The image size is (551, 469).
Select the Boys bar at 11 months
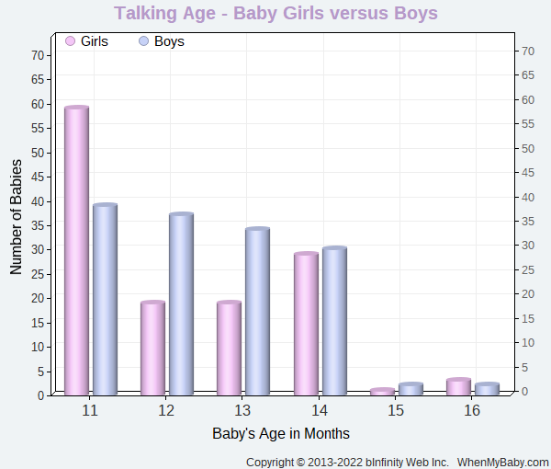[105, 299]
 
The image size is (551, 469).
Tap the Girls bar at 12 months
[152, 348]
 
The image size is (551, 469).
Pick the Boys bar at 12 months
[181, 303]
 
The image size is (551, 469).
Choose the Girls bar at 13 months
[229, 348]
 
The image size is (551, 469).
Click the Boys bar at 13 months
[257, 311]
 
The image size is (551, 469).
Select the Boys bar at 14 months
[334, 321]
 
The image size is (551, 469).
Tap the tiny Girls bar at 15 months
[382, 392]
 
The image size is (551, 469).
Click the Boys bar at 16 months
[487, 389]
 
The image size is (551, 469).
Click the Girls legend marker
[71, 41]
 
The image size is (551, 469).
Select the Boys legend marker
[144, 41]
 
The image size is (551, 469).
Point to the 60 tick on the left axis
[38, 104]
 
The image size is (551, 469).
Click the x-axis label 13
[242, 410]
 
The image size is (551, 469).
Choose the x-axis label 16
[472, 410]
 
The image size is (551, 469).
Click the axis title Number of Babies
[17, 217]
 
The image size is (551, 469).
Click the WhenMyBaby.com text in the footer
[503, 462]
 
